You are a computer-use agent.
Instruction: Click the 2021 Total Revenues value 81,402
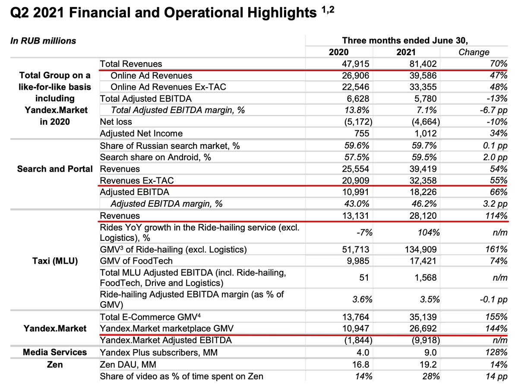(x=423, y=64)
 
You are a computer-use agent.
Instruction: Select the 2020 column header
(x=339, y=52)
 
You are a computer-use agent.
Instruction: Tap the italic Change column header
(x=474, y=52)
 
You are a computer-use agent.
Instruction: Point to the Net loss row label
(x=116, y=122)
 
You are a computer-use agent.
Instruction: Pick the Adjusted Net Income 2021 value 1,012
(x=426, y=133)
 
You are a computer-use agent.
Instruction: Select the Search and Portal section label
(x=55, y=169)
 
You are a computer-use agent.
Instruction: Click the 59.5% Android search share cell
(x=424, y=158)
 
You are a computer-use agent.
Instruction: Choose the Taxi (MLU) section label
(x=55, y=261)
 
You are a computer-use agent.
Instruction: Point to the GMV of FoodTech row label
(x=136, y=261)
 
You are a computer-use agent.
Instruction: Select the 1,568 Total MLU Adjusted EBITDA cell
(x=426, y=278)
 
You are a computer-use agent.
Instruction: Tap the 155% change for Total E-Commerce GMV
(x=496, y=317)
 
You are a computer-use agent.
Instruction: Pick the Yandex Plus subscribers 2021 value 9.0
(x=430, y=352)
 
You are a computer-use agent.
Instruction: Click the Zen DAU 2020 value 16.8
(x=360, y=364)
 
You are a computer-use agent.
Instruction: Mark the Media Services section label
(x=55, y=352)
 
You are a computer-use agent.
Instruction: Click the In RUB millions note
(x=43, y=41)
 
